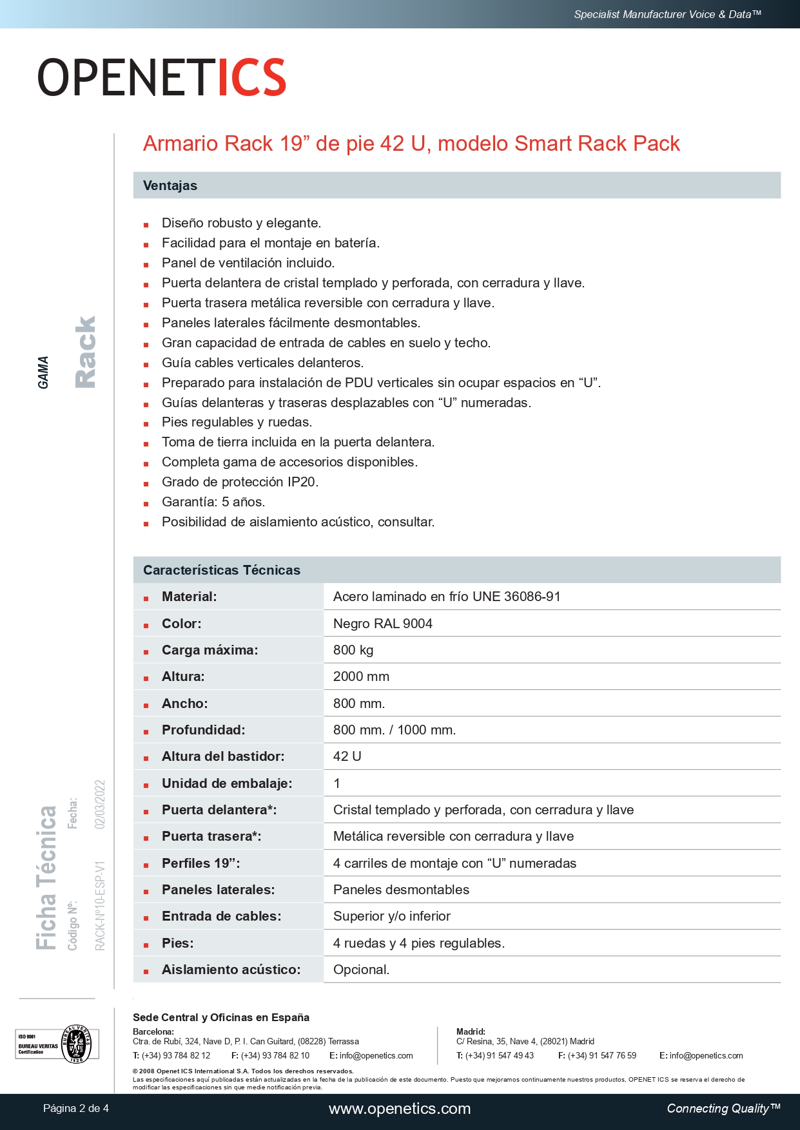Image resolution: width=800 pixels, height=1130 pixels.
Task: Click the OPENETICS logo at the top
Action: [161, 77]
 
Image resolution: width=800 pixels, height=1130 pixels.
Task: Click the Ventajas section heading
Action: [170, 186]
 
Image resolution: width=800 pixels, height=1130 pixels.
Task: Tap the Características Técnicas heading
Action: [222, 570]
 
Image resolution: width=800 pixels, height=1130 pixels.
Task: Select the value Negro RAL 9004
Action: [382, 624]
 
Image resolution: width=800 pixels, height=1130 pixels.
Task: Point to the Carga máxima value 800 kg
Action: [353, 650]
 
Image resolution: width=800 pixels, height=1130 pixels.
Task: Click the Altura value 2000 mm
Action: [361, 676]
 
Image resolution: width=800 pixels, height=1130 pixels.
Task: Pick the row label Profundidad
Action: [203, 730]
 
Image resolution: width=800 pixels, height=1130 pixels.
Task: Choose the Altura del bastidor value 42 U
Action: [347, 756]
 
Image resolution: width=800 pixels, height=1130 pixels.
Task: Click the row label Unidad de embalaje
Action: [227, 783]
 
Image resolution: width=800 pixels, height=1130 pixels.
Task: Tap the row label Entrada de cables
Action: [221, 916]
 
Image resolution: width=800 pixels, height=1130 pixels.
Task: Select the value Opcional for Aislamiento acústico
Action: [361, 970]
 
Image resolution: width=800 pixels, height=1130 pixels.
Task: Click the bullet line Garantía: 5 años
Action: [213, 502]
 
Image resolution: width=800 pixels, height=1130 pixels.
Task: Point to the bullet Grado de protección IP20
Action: [240, 482]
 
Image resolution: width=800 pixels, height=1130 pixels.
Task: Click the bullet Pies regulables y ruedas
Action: [237, 422]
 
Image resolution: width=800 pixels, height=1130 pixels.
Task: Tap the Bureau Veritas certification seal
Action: [77, 1044]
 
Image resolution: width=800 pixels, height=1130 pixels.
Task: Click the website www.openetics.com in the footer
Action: [400, 1109]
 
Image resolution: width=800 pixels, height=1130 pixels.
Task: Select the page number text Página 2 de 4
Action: [76, 1109]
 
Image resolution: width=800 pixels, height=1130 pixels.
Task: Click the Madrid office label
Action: [471, 1031]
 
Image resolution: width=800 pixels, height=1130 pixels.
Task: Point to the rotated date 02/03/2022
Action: [100, 805]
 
